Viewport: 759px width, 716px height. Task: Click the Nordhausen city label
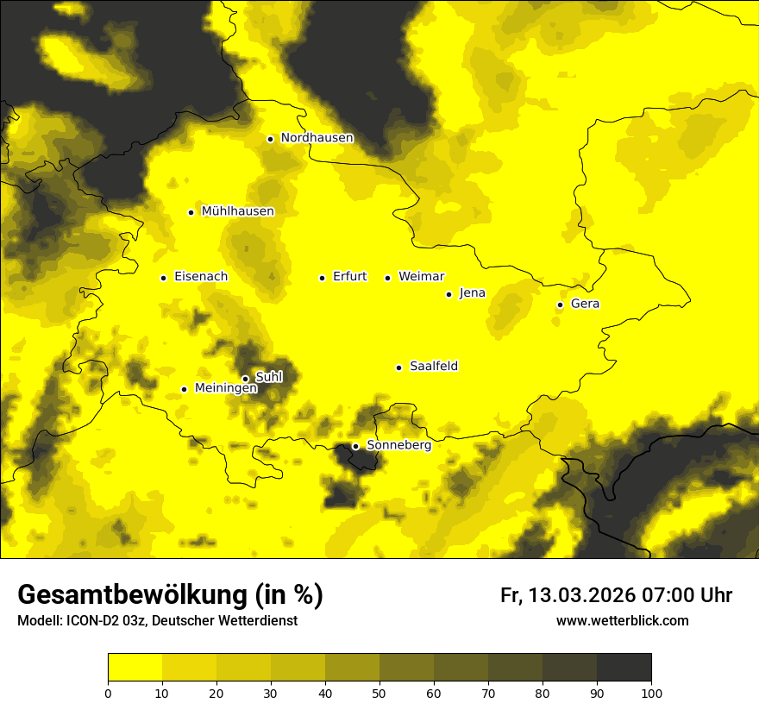317,138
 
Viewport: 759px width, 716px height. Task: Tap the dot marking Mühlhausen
191,212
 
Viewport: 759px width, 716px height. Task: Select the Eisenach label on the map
201,277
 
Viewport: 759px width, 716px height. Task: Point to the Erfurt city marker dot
322,278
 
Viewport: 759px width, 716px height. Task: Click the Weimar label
421,277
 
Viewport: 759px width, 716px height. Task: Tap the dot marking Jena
448,294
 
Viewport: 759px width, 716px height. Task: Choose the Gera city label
585,304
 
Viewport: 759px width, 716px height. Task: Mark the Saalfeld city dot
398,367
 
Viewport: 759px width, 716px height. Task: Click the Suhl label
269,377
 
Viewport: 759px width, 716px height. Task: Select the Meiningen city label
225,388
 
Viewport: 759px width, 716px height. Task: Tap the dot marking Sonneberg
355,446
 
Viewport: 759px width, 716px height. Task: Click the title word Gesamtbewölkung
133,595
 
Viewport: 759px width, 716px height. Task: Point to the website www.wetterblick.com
622,621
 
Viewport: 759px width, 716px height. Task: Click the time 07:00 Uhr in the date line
687,596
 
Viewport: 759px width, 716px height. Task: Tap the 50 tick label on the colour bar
379,693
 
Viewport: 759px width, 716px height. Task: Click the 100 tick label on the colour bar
651,693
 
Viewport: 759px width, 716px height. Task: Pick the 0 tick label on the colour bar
108,693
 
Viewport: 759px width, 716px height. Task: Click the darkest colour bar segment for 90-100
624,668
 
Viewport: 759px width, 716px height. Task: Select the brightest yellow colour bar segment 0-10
135,668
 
